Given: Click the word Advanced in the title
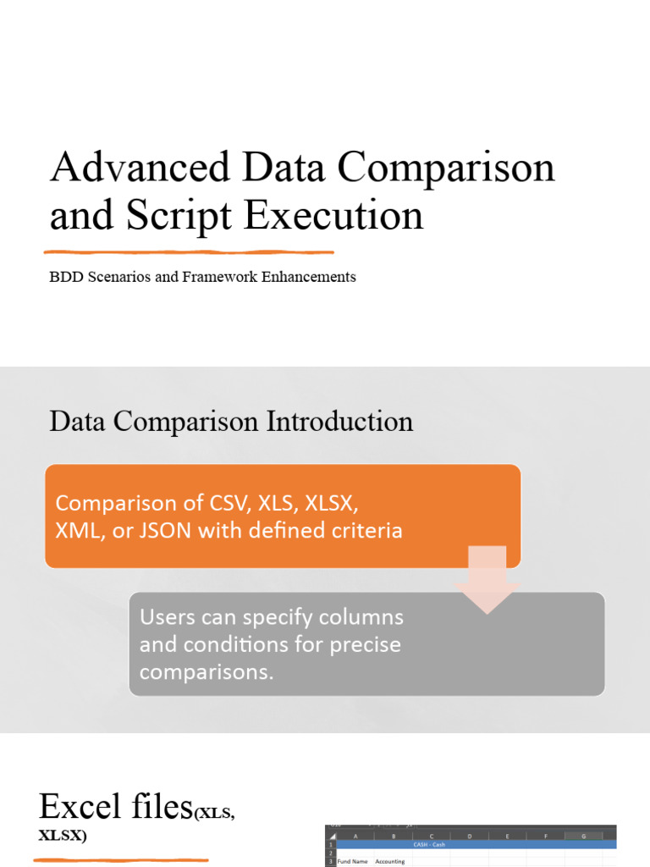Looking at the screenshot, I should pos(139,168).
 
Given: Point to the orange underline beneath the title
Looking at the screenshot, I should pos(189,251).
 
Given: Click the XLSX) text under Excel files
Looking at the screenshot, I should pos(63,836).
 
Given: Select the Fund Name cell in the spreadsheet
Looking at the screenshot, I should pos(353,861).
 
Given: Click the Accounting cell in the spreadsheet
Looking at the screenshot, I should pos(390,861).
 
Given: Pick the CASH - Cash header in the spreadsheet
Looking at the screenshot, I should pos(430,843).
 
